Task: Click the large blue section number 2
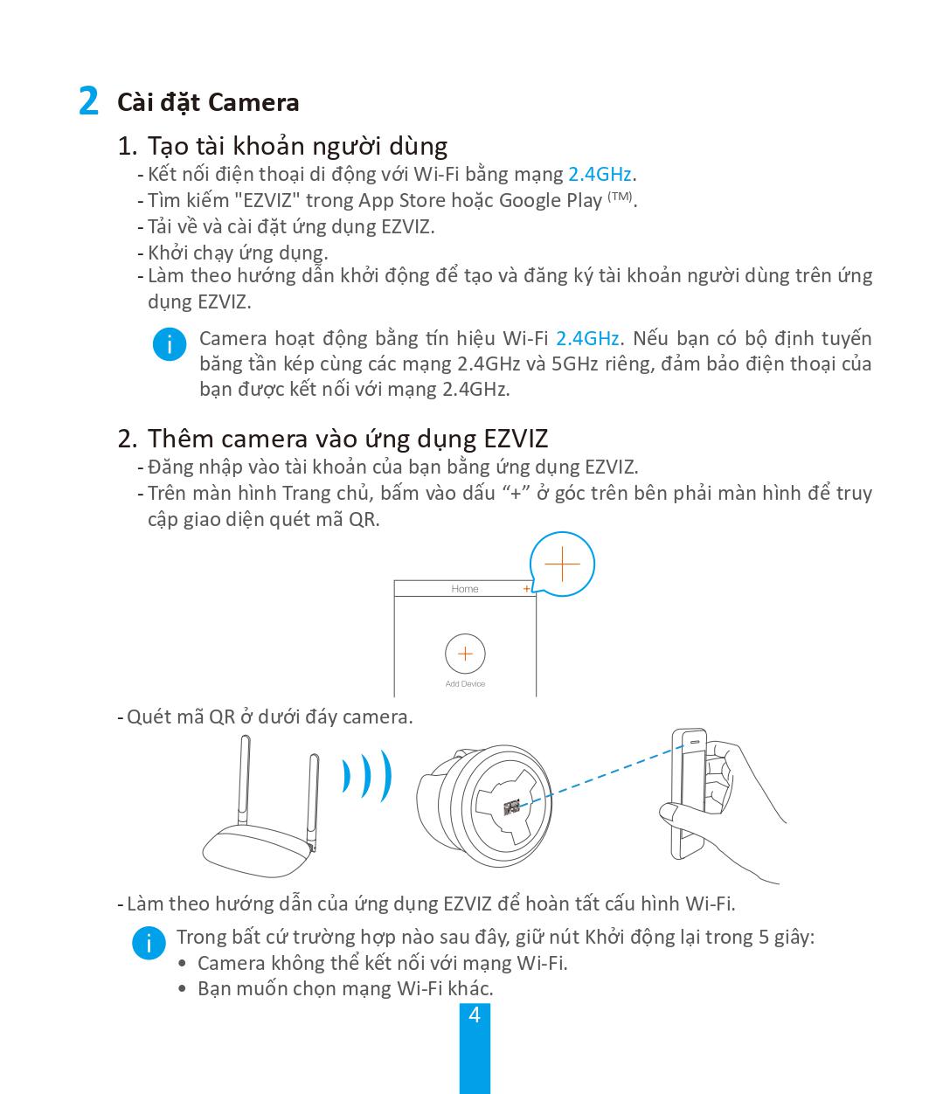coord(87,101)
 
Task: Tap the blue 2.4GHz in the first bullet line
coord(600,174)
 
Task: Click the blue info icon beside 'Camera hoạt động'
coord(169,344)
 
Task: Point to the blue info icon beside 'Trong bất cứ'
coord(149,943)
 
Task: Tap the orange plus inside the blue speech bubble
coord(562,564)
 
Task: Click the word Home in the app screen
coord(465,589)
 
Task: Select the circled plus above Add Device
coord(465,654)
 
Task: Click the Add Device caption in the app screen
coord(465,684)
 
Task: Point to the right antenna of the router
coord(313,800)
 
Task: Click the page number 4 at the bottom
coord(475,1015)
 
